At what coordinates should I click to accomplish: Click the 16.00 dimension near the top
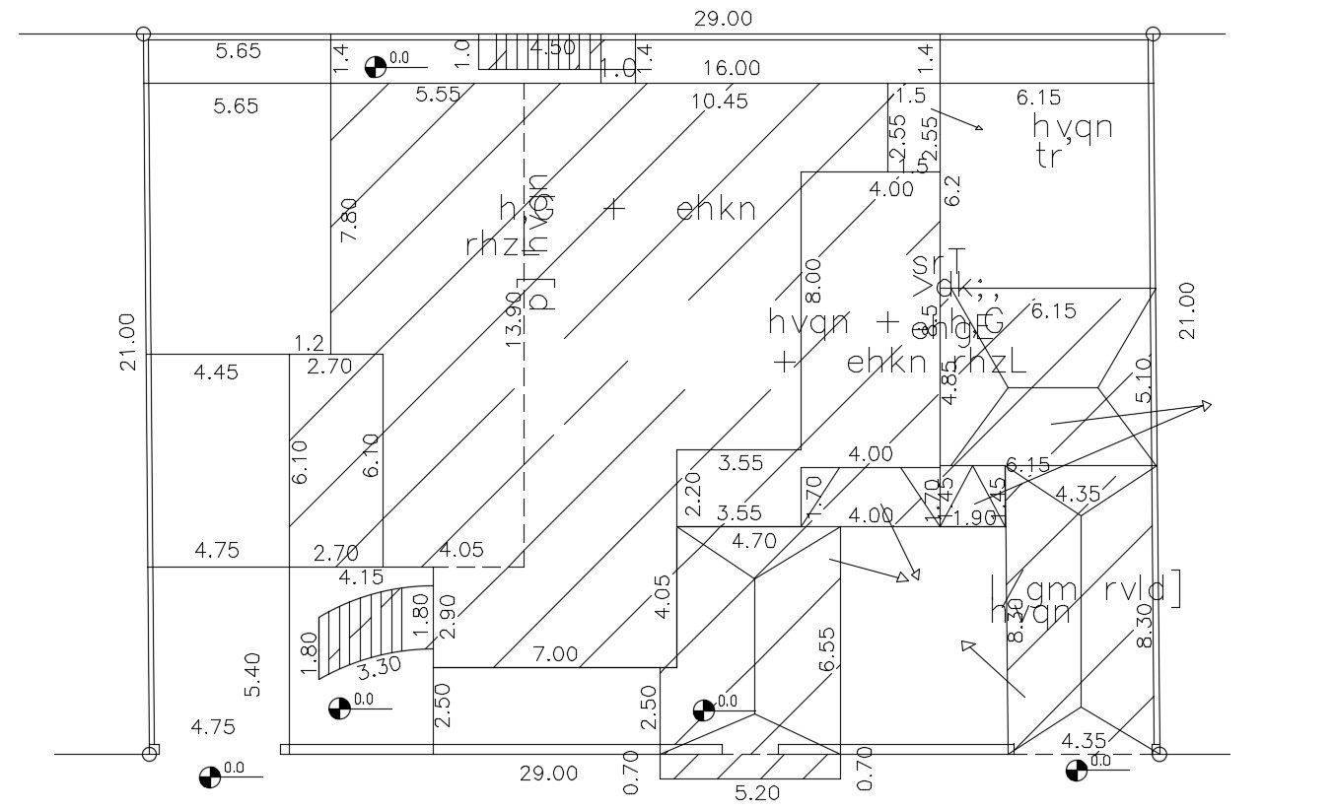click(x=731, y=68)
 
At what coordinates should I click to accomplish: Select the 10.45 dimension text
click(x=719, y=101)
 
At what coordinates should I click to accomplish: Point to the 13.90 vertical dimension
click(x=514, y=315)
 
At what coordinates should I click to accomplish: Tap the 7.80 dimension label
click(x=349, y=220)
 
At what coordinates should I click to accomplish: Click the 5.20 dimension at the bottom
click(x=758, y=792)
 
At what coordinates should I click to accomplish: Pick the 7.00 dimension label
click(x=555, y=653)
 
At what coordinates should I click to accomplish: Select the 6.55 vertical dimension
click(x=826, y=650)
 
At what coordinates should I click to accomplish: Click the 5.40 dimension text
click(x=253, y=675)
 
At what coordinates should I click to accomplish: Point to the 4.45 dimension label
click(x=216, y=372)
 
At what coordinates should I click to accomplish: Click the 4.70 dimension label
click(x=753, y=540)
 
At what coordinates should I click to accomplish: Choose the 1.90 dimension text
click(x=976, y=518)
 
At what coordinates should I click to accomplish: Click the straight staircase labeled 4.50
click(x=540, y=52)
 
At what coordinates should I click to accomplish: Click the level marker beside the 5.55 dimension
click(x=375, y=67)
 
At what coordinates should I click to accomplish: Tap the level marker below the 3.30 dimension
click(x=338, y=708)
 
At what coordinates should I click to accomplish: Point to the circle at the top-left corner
click(x=144, y=34)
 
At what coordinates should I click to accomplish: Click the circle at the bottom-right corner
click(x=1159, y=754)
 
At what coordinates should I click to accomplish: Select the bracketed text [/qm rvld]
click(x=1086, y=589)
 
